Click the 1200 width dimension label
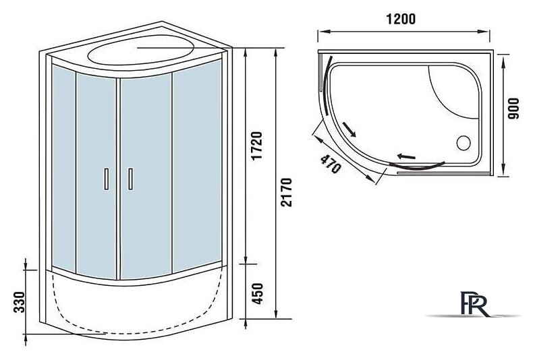(x=401, y=19)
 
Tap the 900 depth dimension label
(x=513, y=109)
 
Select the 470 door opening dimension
(x=331, y=164)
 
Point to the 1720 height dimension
(x=258, y=146)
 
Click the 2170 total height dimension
(x=286, y=192)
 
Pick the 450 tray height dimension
(x=258, y=293)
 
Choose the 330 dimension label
(x=20, y=301)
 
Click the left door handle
(x=107, y=179)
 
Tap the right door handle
(x=130, y=179)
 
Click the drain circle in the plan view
(x=464, y=143)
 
